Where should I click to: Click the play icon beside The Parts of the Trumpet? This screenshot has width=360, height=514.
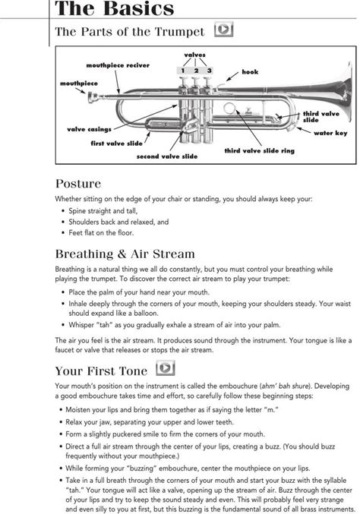[223, 29]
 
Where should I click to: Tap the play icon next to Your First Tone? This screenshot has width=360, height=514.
[166, 367]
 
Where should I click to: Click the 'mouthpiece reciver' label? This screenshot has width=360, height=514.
[118, 65]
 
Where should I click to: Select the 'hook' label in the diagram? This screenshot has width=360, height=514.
[250, 72]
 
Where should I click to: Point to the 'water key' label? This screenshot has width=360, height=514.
[330, 133]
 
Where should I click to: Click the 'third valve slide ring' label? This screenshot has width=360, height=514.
[259, 151]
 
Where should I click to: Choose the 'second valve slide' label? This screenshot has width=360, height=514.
[167, 156]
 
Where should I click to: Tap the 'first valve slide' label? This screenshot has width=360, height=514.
[116, 143]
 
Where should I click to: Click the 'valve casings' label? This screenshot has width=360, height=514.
[89, 129]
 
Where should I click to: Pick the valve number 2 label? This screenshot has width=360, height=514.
[196, 71]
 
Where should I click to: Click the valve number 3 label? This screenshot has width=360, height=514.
[209, 71]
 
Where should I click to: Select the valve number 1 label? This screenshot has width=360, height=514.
[183, 71]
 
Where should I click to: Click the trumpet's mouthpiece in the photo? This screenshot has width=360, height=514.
[93, 96]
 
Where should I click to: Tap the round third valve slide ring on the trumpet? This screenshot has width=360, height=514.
[229, 108]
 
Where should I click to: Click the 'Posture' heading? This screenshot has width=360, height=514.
[78, 184]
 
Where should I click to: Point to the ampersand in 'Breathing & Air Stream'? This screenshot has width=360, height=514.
[122, 254]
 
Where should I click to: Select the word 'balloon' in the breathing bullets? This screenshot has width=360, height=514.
[147, 313]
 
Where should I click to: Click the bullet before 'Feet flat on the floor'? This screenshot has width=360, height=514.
[63, 233]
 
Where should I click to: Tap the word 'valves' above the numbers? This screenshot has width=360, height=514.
[194, 55]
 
